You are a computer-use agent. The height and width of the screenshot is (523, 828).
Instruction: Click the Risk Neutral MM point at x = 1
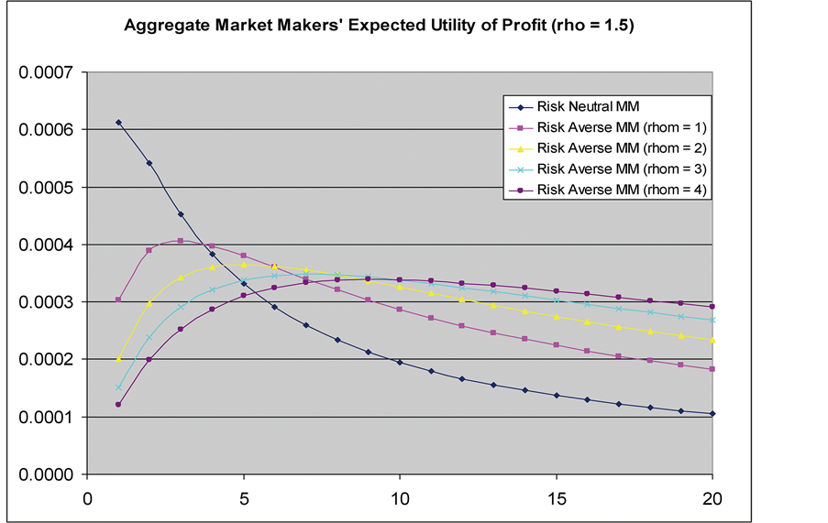click(x=118, y=122)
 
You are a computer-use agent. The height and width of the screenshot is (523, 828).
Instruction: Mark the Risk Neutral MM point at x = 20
click(x=712, y=414)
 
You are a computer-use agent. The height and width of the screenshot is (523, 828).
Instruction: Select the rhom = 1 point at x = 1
click(x=118, y=300)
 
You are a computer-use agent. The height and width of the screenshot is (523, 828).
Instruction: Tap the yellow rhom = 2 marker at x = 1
click(x=118, y=359)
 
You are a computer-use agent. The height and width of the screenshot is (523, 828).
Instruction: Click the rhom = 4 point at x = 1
click(x=118, y=404)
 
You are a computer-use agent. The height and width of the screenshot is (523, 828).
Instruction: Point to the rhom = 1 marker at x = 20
click(x=712, y=369)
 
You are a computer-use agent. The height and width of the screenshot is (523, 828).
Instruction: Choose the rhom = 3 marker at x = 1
click(x=118, y=387)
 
